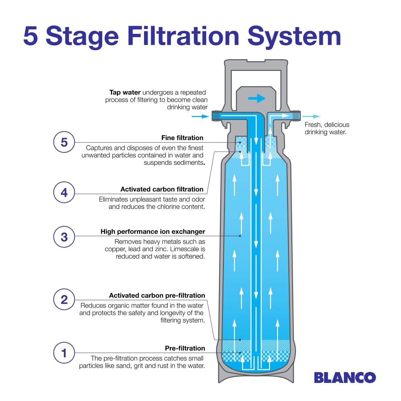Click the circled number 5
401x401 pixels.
point(64,142)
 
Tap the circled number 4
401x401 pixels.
point(64,192)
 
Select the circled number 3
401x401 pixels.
point(64,237)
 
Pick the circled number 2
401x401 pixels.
point(64,299)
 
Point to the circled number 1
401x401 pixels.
point(64,353)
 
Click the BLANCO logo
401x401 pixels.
point(345,378)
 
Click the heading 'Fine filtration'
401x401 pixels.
point(182,138)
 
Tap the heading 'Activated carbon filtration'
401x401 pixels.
point(162,189)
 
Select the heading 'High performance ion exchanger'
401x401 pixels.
point(153,232)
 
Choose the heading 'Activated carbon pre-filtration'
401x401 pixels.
point(157,295)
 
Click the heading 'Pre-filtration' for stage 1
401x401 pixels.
point(185,348)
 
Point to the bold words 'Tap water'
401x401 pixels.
point(125,92)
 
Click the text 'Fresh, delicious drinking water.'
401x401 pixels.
point(326,128)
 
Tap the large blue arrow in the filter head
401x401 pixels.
point(257,98)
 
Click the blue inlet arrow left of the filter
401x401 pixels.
point(200,116)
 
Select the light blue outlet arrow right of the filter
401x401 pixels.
point(311,116)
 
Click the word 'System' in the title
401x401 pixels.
point(294,36)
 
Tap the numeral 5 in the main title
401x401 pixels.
point(30,36)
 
